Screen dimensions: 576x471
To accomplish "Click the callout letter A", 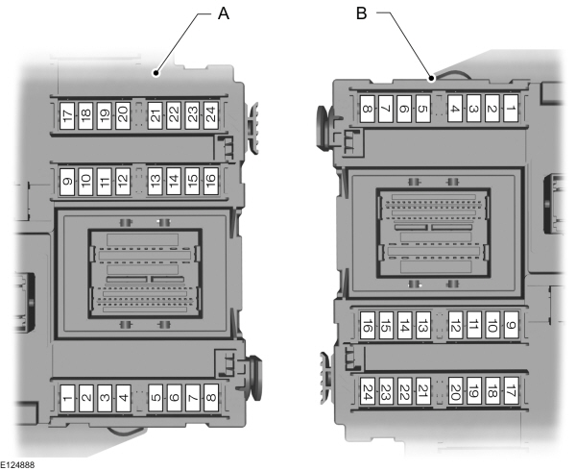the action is coord(224,14).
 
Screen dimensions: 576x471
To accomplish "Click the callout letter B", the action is coord(362,13).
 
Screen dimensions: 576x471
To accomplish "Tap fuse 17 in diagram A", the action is coord(67,115).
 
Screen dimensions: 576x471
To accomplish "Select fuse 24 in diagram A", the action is coord(211,115).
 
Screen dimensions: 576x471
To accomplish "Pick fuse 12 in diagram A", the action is coord(123,182).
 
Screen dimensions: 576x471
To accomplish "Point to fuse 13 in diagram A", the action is coord(155,182).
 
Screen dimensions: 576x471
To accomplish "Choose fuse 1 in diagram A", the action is coord(67,398).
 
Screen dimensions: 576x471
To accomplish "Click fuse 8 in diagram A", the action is coord(211,398).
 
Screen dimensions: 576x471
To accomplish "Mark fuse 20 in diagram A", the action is coord(123,115).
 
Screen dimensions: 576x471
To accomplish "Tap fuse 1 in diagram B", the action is coord(511,109).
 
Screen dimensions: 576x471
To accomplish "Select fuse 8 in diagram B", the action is coord(368,109).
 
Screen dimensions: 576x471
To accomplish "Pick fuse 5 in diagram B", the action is coord(422,109).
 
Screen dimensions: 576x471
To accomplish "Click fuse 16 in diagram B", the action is coord(368,325).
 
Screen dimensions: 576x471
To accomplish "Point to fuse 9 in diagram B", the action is coord(511,325).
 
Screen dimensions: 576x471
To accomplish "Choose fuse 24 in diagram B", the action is coord(368,391).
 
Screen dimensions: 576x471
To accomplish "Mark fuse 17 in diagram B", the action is coord(511,391).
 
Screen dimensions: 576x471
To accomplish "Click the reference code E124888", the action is coord(17,465).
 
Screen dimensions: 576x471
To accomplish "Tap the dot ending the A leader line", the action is coord(156,73).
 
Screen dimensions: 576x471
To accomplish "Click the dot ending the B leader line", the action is coord(432,78).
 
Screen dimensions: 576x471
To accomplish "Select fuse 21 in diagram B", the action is coord(422,391).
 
